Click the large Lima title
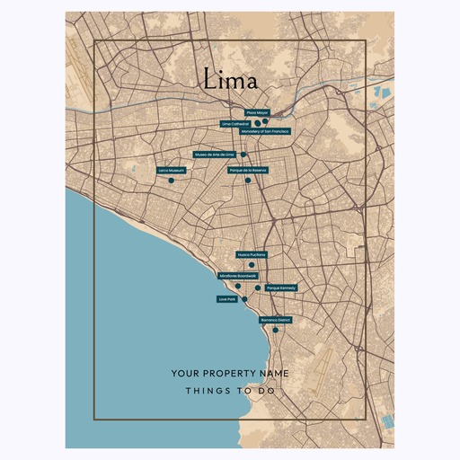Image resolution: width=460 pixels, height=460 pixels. point(229,80)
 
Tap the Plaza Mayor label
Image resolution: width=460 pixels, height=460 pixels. point(258,112)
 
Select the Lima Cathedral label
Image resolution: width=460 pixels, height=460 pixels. point(235,123)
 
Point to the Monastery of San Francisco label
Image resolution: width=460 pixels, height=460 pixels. point(265,131)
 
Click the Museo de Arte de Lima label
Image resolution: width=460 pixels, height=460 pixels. point(214,155)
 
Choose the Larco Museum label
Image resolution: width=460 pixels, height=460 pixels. point(171,169)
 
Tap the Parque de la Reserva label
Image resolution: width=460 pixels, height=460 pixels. point(248,169)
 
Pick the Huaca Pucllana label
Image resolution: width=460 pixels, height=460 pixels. point(252,255)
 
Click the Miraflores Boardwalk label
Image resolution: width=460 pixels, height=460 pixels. point(238,276)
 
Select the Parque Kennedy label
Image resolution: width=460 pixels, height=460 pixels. point(280,287)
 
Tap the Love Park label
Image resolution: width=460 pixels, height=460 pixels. point(226,298)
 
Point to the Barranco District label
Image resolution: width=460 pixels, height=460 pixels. point(276,320)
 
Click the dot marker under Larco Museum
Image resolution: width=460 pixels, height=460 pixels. point(171,181)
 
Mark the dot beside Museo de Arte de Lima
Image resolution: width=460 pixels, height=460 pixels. point(243,155)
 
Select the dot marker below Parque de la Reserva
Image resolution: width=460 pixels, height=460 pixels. point(248,181)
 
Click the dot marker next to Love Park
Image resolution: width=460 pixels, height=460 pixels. point(243,298)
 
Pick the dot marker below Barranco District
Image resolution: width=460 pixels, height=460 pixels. point(276,331)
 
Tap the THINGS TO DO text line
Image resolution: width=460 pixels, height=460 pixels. point(229,392)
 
